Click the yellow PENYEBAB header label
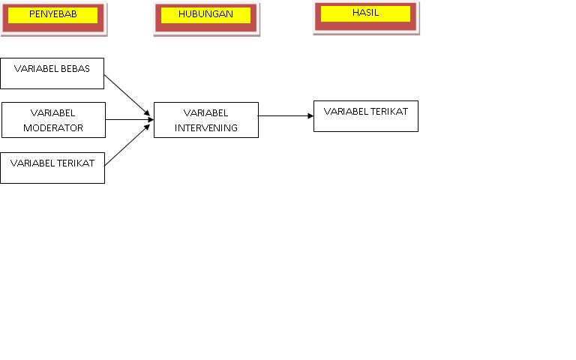click(53, 15)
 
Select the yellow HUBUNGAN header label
click(205, 15)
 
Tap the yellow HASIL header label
click(365, 13)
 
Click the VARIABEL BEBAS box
click(52, 73)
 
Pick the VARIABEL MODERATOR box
click(52, 120)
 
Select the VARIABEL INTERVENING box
click(205, 120)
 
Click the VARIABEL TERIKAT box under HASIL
click(365, 116)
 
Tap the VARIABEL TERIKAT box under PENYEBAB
click(52, 167)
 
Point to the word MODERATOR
click(53, 128)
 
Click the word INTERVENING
click(206, 128)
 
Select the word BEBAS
click(74, 69)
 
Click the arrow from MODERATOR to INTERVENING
click(127, 119)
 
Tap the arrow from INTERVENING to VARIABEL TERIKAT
click(285, 116)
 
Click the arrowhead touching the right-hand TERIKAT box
click(310, 116)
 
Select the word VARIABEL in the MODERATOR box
click(52, 112)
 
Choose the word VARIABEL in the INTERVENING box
click(205, 112)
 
